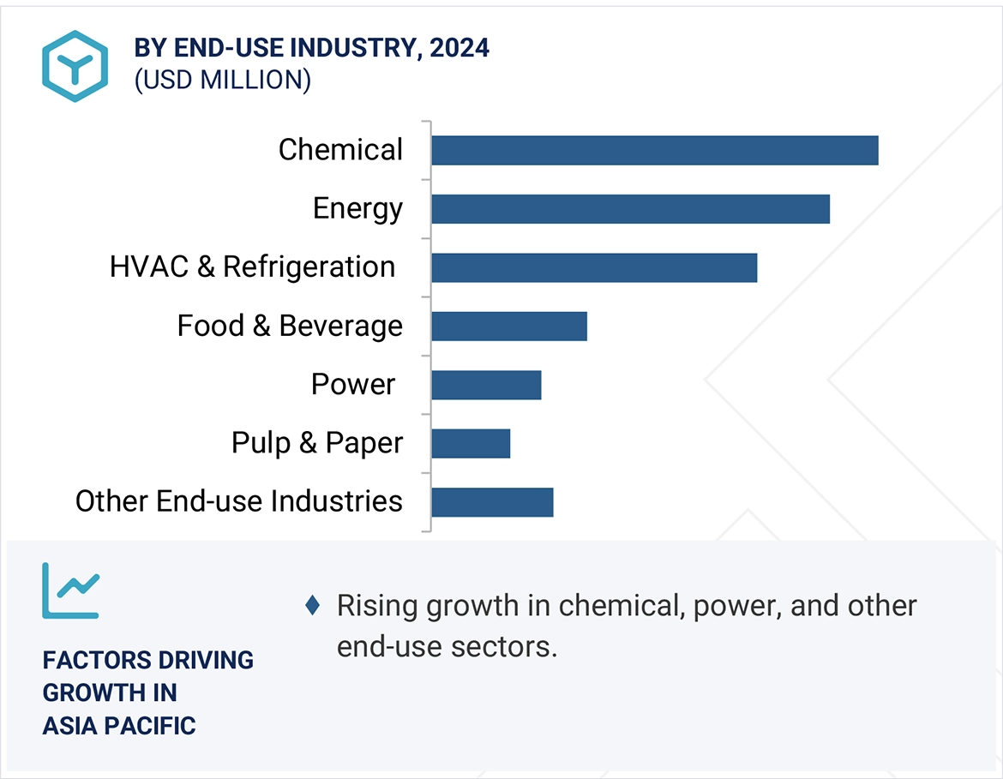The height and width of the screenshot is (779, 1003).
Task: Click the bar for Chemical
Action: click(x=655, y=150)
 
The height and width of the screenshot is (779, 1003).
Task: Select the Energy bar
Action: click(x=631, y=209)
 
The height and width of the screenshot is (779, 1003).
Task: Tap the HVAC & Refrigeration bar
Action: click(x=594, y=267)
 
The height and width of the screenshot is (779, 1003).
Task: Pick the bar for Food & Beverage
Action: click(x=509, y=327)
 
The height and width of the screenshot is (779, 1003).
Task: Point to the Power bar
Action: click(x=486, y=385)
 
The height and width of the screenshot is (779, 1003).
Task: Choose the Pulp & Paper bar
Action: click(x=471, y=443)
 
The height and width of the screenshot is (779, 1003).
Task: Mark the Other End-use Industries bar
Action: click(x=492, y=502)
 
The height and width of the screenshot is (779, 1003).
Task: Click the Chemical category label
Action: click(x=340, y=150)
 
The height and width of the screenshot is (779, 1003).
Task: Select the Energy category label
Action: click(x=357, y=209)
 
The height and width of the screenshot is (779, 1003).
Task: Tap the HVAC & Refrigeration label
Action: click(x=252, y=267)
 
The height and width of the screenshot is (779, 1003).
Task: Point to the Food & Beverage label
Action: click(x=290, y=327)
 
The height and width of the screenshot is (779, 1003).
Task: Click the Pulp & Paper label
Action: click(x=317, y=443)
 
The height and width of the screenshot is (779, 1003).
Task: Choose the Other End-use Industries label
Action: click(x=239, y=501)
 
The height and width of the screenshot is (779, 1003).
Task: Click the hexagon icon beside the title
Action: click(x=75, y=66)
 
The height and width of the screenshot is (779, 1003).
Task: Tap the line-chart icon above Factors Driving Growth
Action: click(x=70, y=590)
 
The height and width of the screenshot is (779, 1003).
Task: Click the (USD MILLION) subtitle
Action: click(x=222, y=80)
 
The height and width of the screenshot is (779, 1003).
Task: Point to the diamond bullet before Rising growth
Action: click(x=313, y=606)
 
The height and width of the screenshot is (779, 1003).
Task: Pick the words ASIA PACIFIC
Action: click(x=119, y=726)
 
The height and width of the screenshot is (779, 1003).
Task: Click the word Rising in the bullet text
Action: click(x=377, y=606)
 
